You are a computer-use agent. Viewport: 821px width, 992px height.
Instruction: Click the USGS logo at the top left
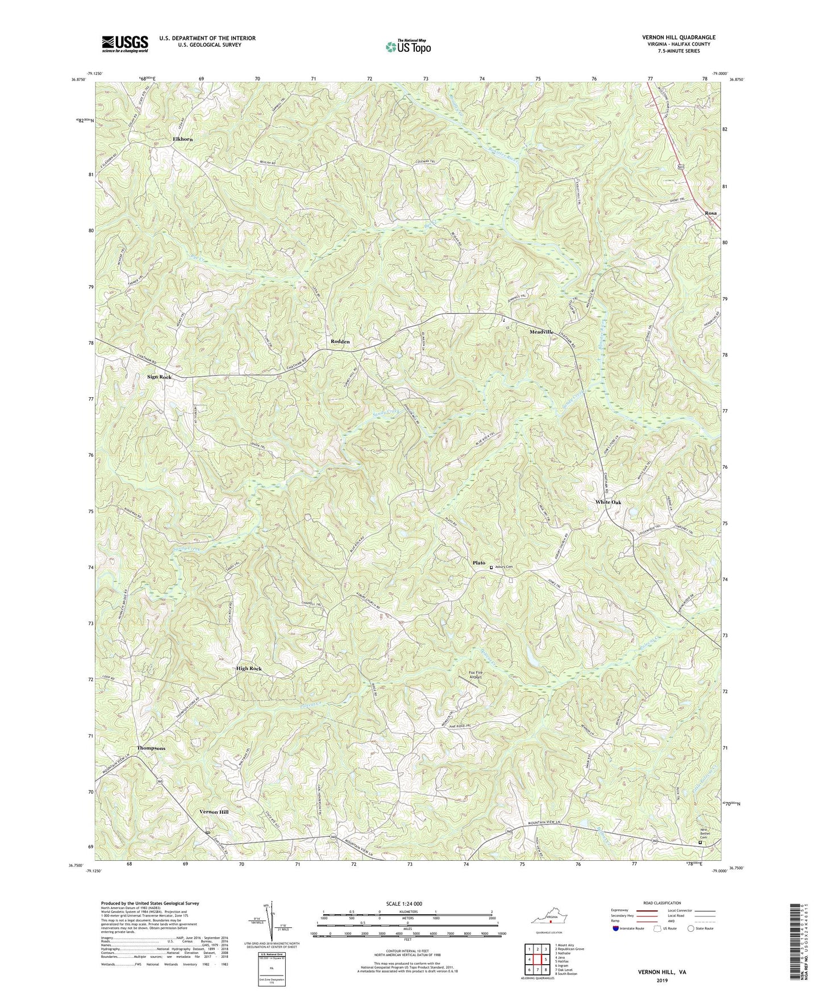pos(124,44)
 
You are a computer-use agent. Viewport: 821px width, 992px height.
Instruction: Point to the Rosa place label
pos(710,213)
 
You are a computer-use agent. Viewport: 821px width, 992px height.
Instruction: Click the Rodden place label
pos(340,341)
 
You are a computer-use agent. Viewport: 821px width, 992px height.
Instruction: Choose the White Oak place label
pos(608,502)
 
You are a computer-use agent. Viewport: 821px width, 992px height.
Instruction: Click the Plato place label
pos(478,563)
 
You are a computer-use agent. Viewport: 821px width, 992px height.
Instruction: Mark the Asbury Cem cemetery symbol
pos(491,566)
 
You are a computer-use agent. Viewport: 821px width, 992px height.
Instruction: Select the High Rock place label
pos(249,669)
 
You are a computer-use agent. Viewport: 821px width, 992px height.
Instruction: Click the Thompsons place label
pos(151,748)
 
